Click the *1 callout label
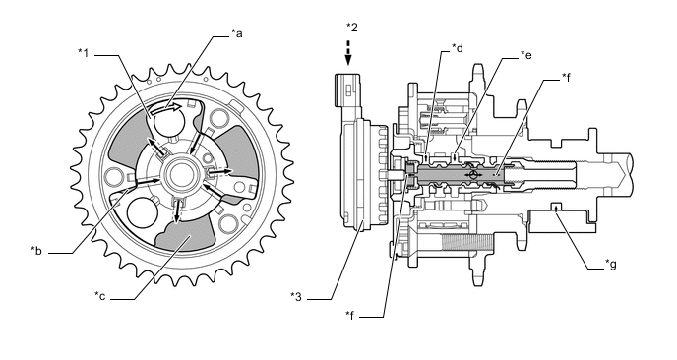83,53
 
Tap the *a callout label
236,33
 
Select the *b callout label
36,251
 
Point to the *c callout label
100,296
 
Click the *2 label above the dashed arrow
352,28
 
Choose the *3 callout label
296,296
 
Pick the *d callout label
458,48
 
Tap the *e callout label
525,55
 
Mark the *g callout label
610,264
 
